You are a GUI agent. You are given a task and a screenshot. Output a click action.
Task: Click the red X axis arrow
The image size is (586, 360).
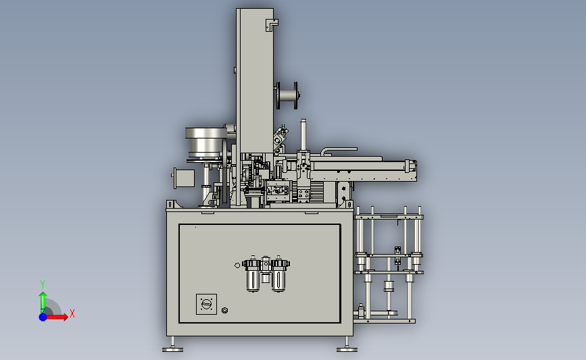pos(56,317)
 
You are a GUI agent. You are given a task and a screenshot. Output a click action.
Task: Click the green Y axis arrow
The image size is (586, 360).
pos(43,303)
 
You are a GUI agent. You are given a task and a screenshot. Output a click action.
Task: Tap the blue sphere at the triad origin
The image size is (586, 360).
pos(43,317)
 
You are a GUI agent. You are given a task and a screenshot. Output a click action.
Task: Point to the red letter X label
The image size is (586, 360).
pos(72,313)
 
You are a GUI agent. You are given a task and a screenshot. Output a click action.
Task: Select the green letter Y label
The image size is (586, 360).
pos(43,284)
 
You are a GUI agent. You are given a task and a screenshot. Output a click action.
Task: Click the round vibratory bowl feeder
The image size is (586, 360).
pos(206,143)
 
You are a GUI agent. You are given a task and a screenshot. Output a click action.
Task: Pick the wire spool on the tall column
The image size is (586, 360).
pos(287,96)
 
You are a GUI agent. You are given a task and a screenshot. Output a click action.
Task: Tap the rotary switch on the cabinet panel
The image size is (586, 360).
pos(206,304)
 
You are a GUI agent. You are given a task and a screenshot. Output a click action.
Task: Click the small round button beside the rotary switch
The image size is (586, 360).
pos(224,310)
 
